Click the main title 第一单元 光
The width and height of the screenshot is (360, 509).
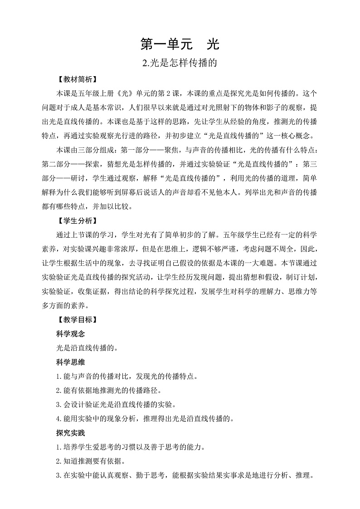click(180, 44)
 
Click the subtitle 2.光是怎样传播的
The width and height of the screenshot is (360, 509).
click(180, 64)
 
